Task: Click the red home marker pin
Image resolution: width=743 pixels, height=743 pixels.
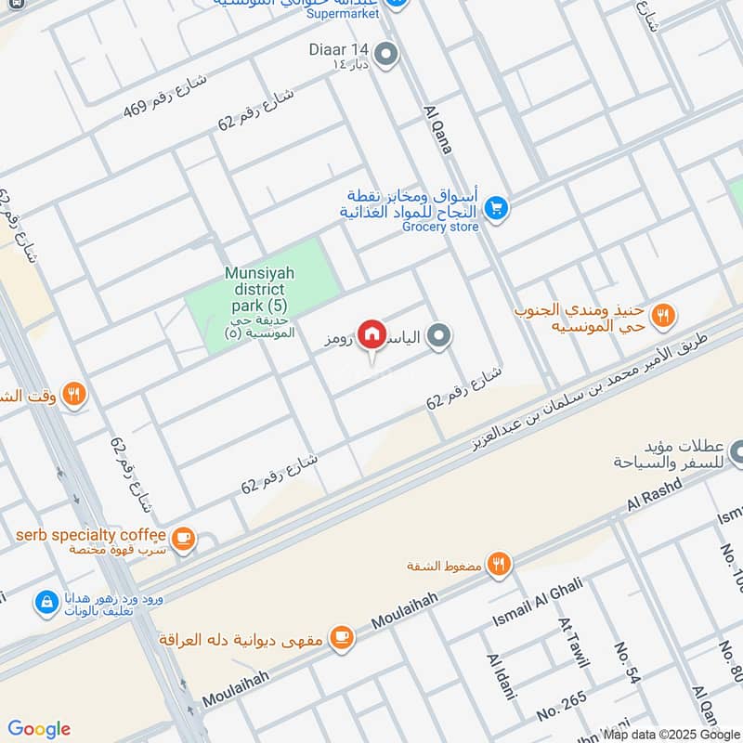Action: point(372,334)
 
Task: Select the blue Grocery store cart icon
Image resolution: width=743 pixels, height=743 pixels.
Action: point(496,209)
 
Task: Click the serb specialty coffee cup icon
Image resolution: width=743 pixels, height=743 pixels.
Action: point(184,537)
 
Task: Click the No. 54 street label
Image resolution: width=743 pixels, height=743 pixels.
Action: point(628,663)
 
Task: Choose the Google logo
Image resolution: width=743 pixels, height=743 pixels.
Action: point(39,729)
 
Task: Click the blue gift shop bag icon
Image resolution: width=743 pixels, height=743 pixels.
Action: point(45,604)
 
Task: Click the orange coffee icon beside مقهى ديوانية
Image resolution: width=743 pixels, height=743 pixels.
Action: point(343,637)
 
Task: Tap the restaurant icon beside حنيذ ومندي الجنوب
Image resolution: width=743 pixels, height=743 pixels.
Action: point(662,315)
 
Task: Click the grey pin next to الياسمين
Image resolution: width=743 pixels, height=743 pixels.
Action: point(441,338)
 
